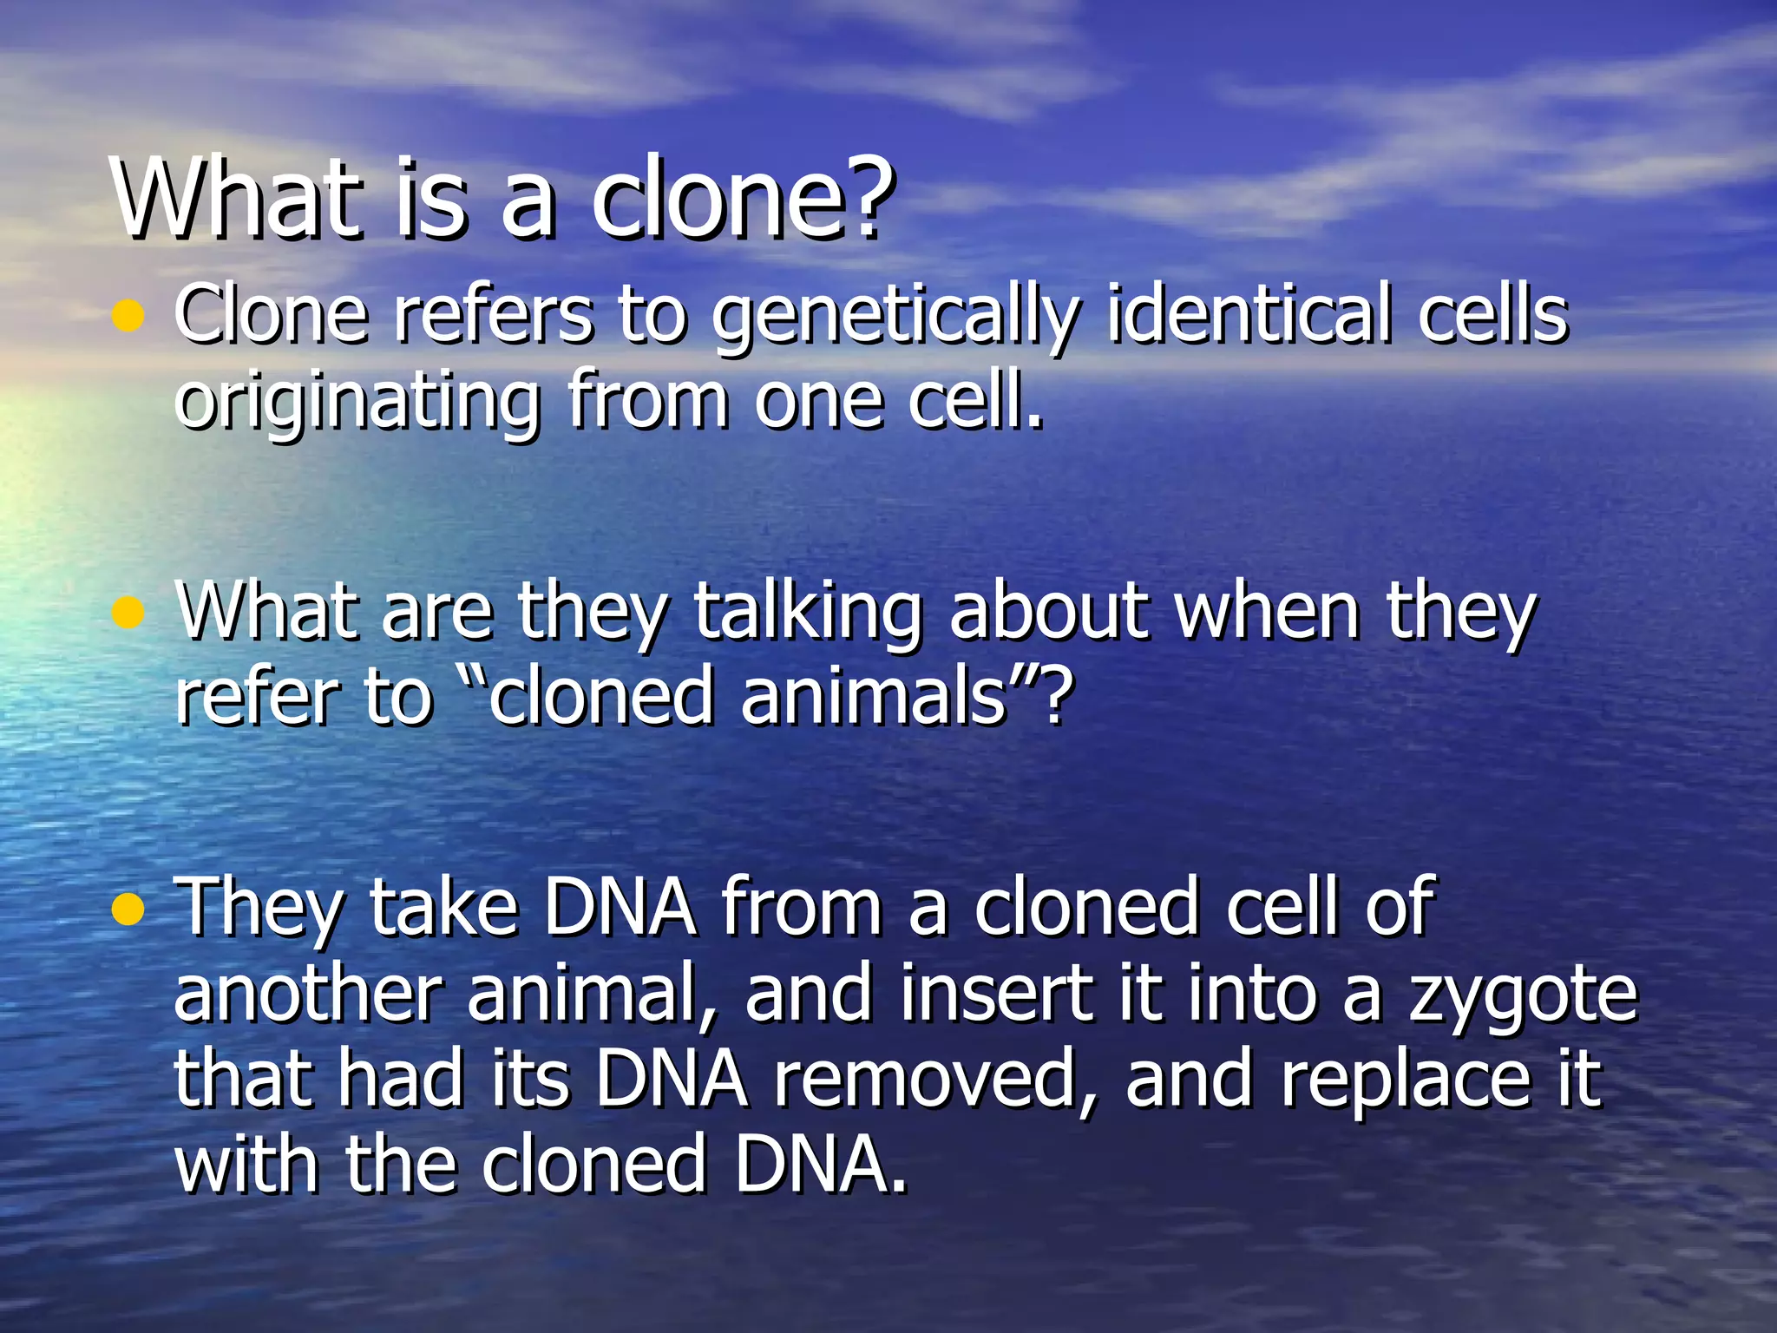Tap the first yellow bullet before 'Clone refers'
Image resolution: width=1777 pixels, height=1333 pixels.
pyautogui.click(x=128, y=316)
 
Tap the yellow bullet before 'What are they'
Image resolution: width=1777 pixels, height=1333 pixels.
pyautogui.click(x=128, y=613)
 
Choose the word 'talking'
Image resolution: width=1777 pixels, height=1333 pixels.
pyautogui.click(x=807, y=614)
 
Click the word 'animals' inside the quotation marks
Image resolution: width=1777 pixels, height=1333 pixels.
pyautogui.click(x=872, y=697)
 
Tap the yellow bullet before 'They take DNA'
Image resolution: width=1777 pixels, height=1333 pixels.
pyautogui.click(x=128, y=910)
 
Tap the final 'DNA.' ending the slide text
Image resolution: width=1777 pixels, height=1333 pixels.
pyautogui.click(x=821, y=1165)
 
